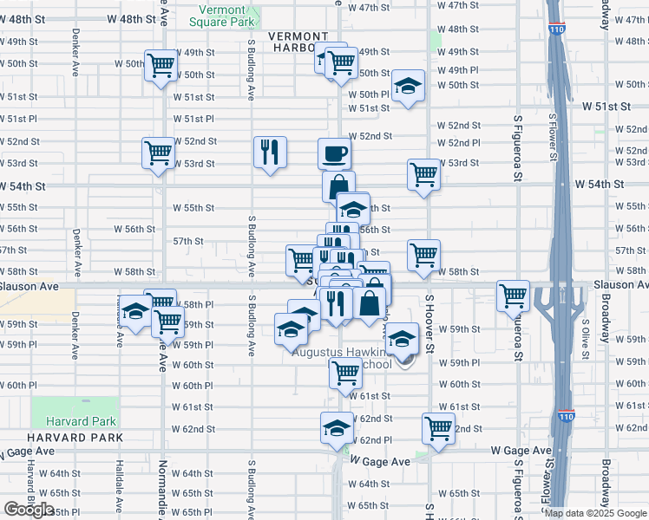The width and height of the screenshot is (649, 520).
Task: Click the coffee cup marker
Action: click(335, 155)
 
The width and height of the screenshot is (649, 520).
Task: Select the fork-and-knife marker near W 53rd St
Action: click(270, 153)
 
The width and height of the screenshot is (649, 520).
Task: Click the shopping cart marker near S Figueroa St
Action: click(514, 296)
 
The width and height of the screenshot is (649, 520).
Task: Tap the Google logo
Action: click(29, 510)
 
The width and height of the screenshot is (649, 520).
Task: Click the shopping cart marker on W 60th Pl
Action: click(345, 373)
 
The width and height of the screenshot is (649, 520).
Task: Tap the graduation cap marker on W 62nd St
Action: click(338, 427)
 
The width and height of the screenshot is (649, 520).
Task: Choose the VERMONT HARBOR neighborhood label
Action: click(298, 42)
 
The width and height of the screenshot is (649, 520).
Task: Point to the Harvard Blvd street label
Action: click(29, 481)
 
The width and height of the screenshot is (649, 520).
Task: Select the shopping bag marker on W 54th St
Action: click(338, 185)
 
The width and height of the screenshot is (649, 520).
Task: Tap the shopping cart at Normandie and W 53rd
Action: click(159, 153)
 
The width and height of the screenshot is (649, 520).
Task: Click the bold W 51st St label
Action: click(604, 106)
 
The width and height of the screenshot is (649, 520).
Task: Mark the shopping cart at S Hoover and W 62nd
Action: click(439, 427)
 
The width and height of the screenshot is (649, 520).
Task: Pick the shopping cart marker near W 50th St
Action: click(161, 66)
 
